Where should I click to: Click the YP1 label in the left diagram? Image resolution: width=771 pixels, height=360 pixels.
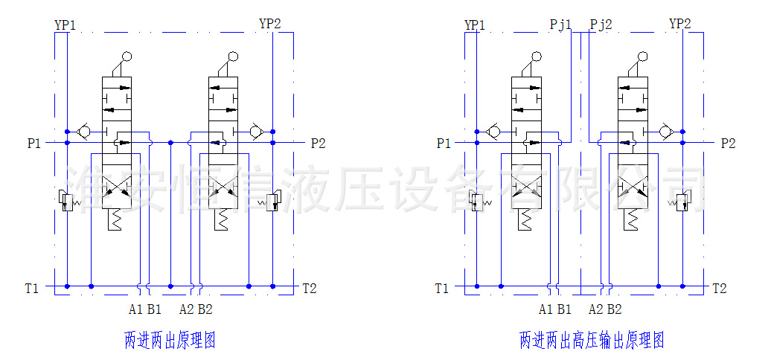65,25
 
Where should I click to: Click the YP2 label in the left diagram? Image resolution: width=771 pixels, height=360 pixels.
270,24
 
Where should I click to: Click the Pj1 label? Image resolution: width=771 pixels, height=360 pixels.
560,25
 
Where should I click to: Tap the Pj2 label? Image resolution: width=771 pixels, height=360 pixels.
601,25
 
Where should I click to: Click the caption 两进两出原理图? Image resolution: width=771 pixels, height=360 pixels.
170,341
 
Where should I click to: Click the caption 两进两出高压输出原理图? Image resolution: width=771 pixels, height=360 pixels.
592,341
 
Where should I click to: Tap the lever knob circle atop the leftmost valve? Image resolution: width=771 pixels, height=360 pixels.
127,56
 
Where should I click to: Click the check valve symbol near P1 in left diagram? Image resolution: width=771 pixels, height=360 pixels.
83,132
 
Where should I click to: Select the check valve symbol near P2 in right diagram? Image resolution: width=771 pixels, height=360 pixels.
666,132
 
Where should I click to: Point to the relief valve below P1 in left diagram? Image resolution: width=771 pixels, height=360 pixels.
65,201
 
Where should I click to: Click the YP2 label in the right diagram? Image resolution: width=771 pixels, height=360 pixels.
680,24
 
